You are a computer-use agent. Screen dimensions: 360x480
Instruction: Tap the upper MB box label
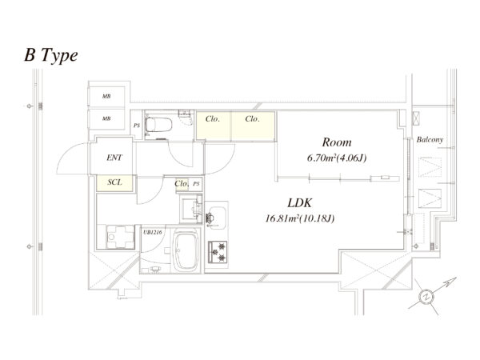106,97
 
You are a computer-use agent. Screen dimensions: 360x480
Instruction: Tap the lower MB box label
106,119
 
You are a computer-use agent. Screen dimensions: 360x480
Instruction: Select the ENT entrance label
114,158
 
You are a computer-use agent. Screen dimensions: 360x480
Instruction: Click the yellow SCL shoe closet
114,183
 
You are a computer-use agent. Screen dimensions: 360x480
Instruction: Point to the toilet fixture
163,125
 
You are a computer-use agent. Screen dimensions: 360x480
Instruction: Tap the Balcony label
430,140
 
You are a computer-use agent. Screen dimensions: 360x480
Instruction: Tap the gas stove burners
218,251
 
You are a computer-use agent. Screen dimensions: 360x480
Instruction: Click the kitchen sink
215,214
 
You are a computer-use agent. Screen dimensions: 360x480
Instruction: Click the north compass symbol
428,296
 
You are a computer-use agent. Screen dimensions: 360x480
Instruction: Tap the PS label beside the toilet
137,126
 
